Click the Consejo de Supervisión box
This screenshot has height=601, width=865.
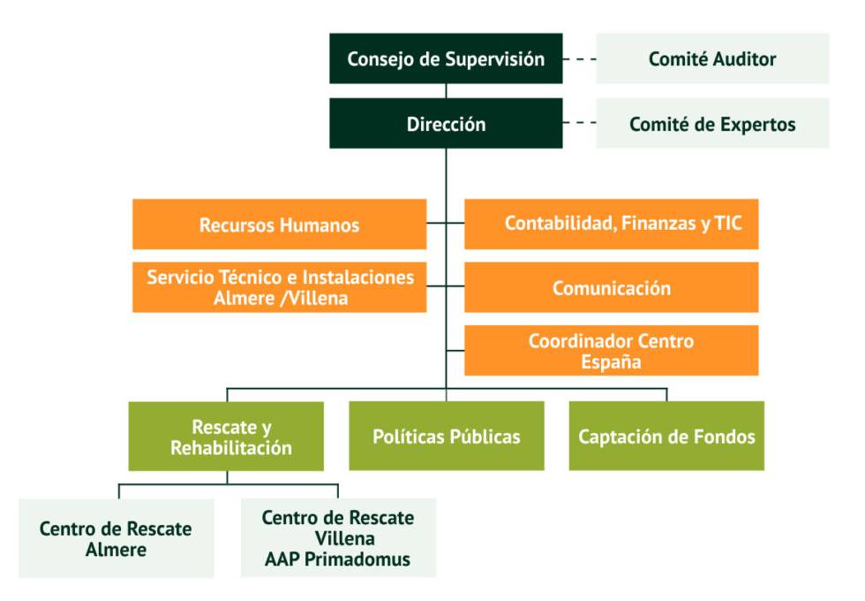point(446,59)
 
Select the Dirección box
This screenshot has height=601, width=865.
point(446,124)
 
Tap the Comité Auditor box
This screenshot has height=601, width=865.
point(712,59)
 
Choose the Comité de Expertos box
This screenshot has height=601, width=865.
point(712,124)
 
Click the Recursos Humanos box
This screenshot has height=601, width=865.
point(279,224)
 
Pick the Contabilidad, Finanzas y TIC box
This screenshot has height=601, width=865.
point(611,224)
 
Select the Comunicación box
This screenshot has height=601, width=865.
point(611,288)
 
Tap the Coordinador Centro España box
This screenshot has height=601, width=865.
point(611,351)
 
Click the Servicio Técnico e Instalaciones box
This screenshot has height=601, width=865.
point(279,287)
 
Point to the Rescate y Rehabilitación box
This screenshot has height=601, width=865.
point(226,437)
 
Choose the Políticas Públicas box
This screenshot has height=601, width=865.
point(446,437)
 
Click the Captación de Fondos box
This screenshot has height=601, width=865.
point(666,437)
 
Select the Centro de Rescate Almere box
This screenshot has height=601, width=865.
point(116,539)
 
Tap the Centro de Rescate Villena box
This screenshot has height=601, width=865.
point(338,538)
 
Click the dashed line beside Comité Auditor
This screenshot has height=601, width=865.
point(580,59)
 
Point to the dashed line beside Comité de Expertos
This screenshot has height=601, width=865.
point(580,124)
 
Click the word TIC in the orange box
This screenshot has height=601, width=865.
point(729,224)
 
